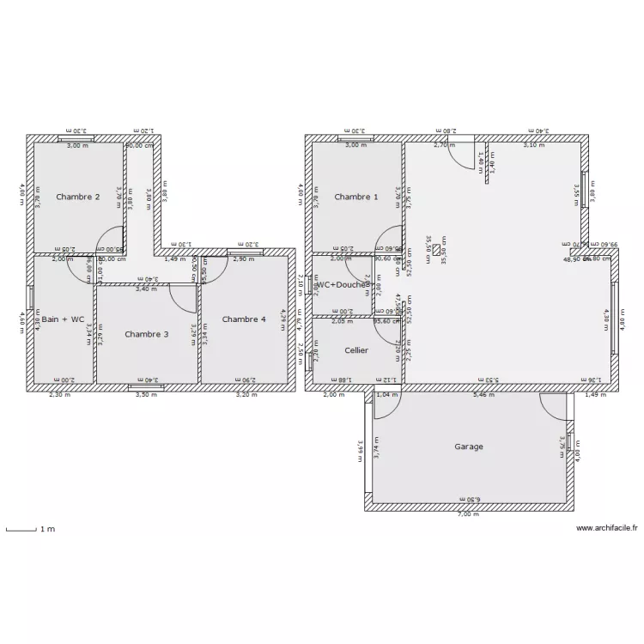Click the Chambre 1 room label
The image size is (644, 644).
pos(355,197)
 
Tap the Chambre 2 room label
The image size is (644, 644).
pos(77,197)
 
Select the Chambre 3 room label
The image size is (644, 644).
pos(146,333)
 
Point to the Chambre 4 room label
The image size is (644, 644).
pos(244,319)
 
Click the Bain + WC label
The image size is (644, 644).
pos(64,319)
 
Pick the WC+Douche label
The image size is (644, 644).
pos(342,284)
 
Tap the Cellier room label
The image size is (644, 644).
pos(356,350)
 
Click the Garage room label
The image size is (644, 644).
pos(469,447)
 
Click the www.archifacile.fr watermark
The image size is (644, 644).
pos(606,529)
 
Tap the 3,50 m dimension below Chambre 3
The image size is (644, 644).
pos(147,395)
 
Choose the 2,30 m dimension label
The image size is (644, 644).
pos(59,395)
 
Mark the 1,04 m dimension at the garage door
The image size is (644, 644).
pos(388,395)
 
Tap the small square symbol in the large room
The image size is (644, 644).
pos(435,250)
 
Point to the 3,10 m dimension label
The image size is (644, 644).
pos(534,145)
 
